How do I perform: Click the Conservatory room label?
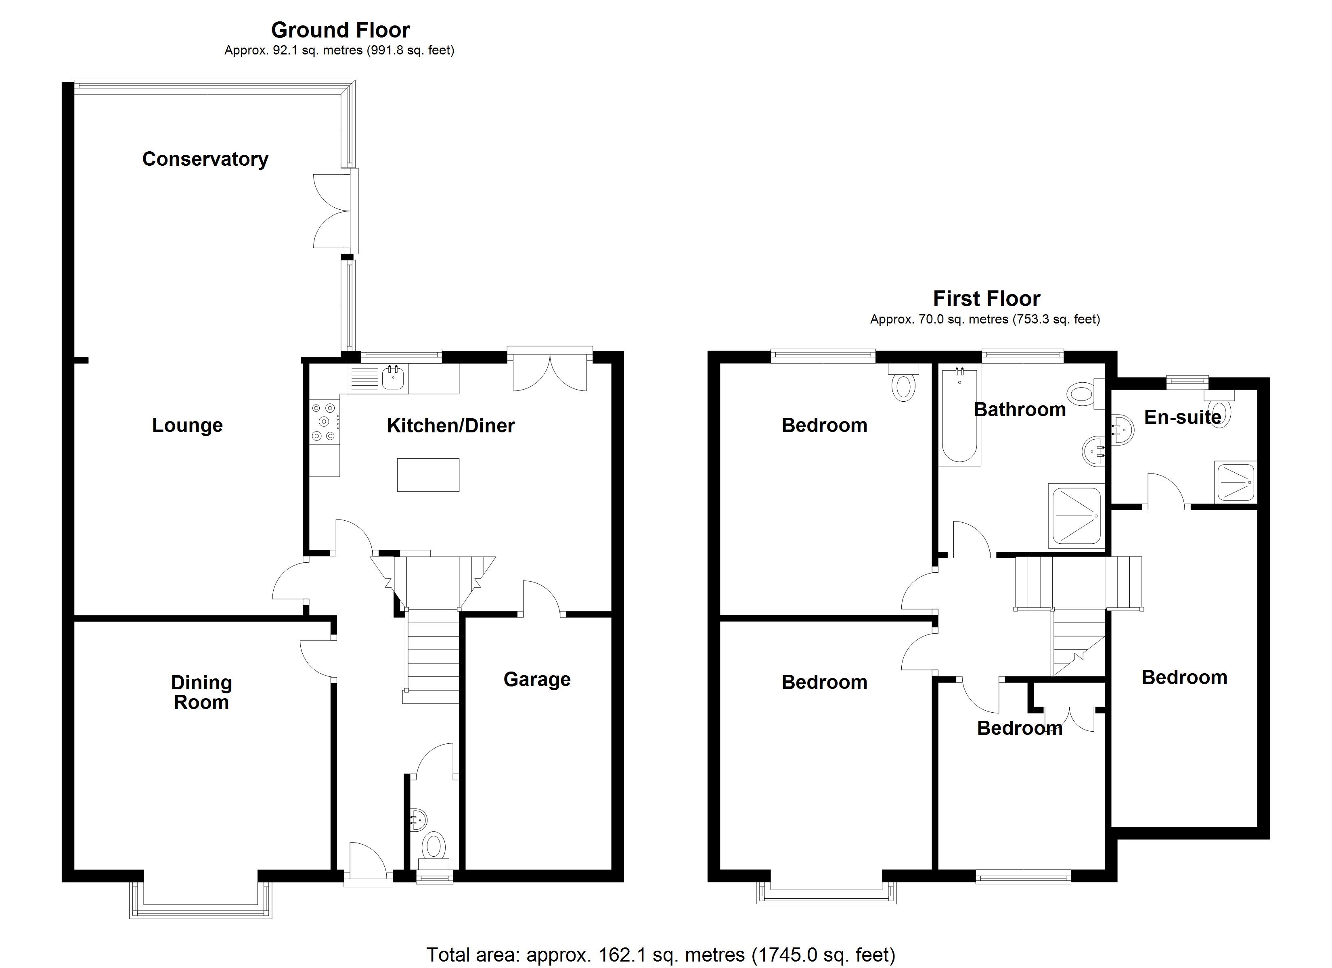point(205,159)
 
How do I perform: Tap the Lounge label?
point(187,425)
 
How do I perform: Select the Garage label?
point(537,679)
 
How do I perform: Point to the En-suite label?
point(1183,417)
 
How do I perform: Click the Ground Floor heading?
point(341,29)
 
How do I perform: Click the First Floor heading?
point(986,299)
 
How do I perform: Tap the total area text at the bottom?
point(661,955)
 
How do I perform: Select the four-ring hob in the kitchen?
point(324,420)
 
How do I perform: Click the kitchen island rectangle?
point(428,474)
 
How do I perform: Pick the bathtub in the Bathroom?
point(960,415)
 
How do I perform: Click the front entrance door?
point(368,864)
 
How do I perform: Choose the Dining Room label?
point(201,693)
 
